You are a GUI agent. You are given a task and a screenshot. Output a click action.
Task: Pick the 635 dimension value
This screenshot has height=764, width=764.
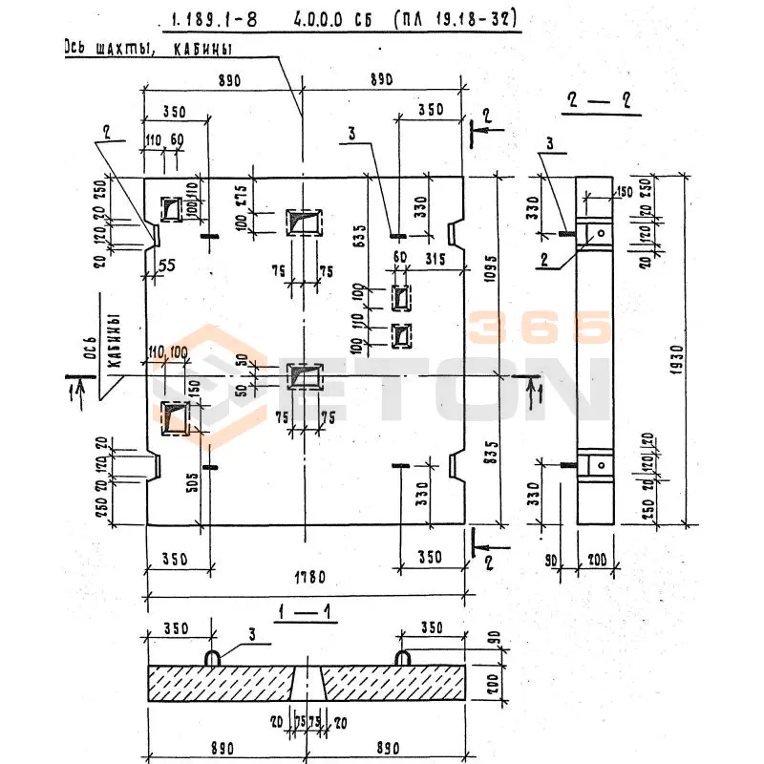(360, 234)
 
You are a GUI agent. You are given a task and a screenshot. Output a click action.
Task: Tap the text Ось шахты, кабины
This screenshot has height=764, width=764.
(148, 47)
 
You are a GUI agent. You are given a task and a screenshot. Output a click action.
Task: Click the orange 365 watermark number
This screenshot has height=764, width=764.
(541, 327)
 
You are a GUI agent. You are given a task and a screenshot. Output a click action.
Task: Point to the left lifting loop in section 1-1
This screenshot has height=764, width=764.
(215, 658)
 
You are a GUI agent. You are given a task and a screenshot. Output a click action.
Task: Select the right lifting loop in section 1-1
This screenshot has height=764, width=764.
(404, 658)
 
